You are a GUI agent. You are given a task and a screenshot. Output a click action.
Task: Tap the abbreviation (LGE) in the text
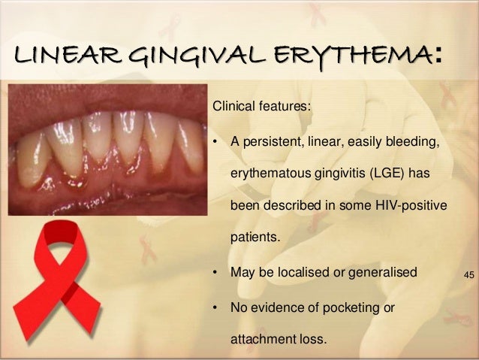pos(390,174)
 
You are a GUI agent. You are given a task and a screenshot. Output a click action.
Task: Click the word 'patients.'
pos(254,238)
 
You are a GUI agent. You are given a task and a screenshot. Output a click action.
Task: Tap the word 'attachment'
pos(264,339)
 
